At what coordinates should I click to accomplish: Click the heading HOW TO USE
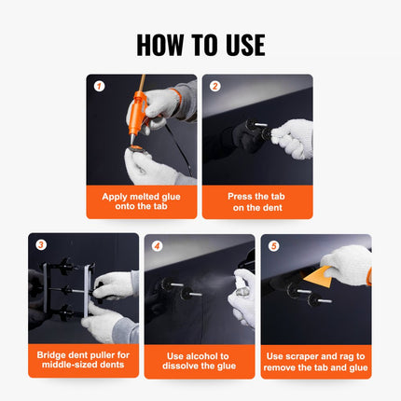(x=200, y=44)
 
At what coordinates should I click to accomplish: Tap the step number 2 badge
(x=214, y=86)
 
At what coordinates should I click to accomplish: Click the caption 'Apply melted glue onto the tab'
(x=141, y=202)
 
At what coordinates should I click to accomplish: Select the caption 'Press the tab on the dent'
(x=257, y=202)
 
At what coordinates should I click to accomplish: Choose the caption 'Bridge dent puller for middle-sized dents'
(x=84, y=361)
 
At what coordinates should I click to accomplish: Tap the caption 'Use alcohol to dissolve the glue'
(x=200, y=361)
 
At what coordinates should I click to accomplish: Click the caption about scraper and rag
(x=316, y=361)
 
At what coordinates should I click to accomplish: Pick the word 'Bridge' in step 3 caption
(x=55, y=354)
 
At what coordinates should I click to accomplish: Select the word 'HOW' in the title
(x=159, y=44)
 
